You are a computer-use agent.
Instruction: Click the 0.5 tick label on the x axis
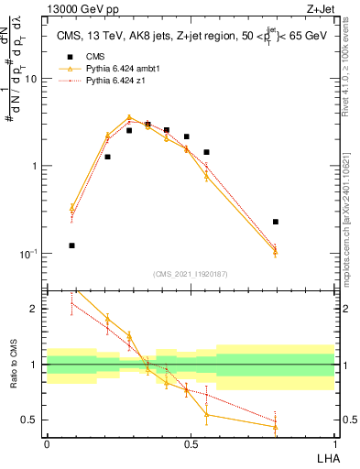tap(191, 444)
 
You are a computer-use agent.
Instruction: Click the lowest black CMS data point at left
tap(72, 245)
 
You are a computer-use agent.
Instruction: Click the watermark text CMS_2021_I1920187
tap(191, 274)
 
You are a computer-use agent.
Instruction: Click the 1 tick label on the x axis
tap(334, 444)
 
